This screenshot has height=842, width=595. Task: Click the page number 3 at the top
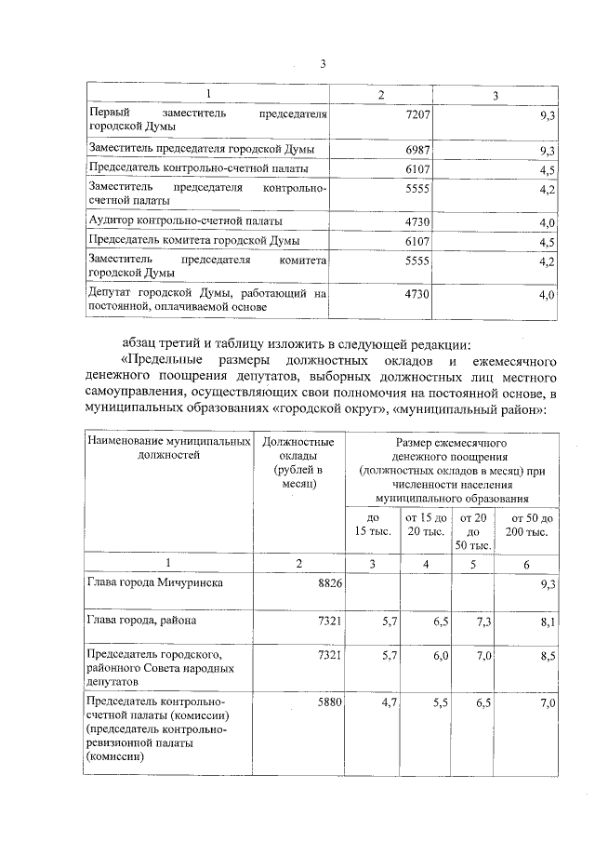click(323, 63)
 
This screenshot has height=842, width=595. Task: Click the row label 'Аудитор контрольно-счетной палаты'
click(184, 221)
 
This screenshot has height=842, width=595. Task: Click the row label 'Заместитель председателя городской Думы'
click(200, 149)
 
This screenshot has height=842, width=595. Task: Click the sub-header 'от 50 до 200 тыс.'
click(526, 524)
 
